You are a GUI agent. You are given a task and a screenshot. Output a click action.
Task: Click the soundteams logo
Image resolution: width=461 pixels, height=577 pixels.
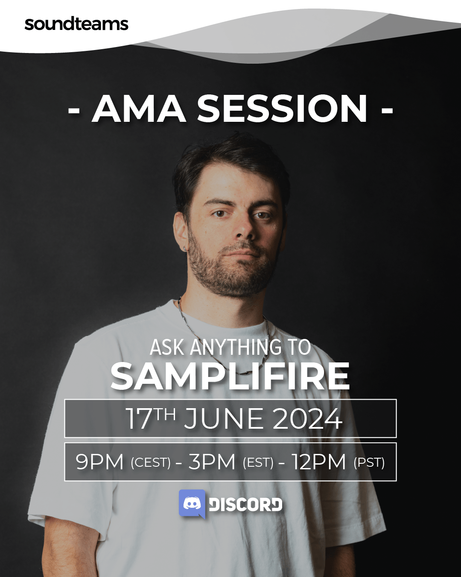[76, 24]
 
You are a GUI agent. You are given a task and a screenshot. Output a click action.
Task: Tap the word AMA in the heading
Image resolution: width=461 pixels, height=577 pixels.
[139, 109]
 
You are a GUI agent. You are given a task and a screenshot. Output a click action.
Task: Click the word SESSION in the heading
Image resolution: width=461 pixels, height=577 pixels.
[282, 109]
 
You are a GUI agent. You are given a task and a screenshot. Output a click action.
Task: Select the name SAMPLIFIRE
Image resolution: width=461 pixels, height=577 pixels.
[230, 376]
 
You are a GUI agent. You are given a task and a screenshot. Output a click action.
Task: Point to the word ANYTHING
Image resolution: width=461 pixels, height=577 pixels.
[236, 347]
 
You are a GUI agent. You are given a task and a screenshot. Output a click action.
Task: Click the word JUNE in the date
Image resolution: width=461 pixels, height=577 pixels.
[224, 418]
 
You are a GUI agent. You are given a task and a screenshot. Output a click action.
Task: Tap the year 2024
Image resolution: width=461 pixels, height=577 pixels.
[307, 418]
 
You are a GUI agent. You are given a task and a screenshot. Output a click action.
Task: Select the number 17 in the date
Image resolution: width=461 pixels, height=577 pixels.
[139, 418]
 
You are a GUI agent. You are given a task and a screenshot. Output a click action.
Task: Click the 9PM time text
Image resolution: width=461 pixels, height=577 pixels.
[99, 462]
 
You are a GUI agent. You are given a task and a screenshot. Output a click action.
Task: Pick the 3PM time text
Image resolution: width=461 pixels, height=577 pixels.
[212, 462]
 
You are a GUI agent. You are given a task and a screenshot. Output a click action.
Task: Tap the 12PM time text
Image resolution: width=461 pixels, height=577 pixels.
[318, 462]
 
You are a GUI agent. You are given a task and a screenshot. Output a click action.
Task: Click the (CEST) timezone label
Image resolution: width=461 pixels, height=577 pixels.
[151, 463]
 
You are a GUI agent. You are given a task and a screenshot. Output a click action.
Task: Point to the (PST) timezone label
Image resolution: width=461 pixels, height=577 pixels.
[369, 463]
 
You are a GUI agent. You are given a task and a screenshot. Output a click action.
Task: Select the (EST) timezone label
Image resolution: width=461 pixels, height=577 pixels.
[258, 463]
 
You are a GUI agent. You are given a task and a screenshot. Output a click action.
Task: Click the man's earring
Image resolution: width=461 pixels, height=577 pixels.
[185, 249]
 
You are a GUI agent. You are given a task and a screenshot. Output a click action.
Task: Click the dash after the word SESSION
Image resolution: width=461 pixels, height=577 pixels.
[387, 110]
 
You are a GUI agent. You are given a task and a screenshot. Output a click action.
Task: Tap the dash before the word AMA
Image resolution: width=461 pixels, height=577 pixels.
[74, 110]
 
